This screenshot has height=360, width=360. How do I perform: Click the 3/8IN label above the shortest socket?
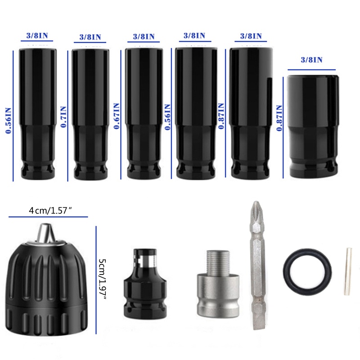tap(311, 60)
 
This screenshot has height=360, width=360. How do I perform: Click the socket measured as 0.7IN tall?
tap(90, 112)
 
